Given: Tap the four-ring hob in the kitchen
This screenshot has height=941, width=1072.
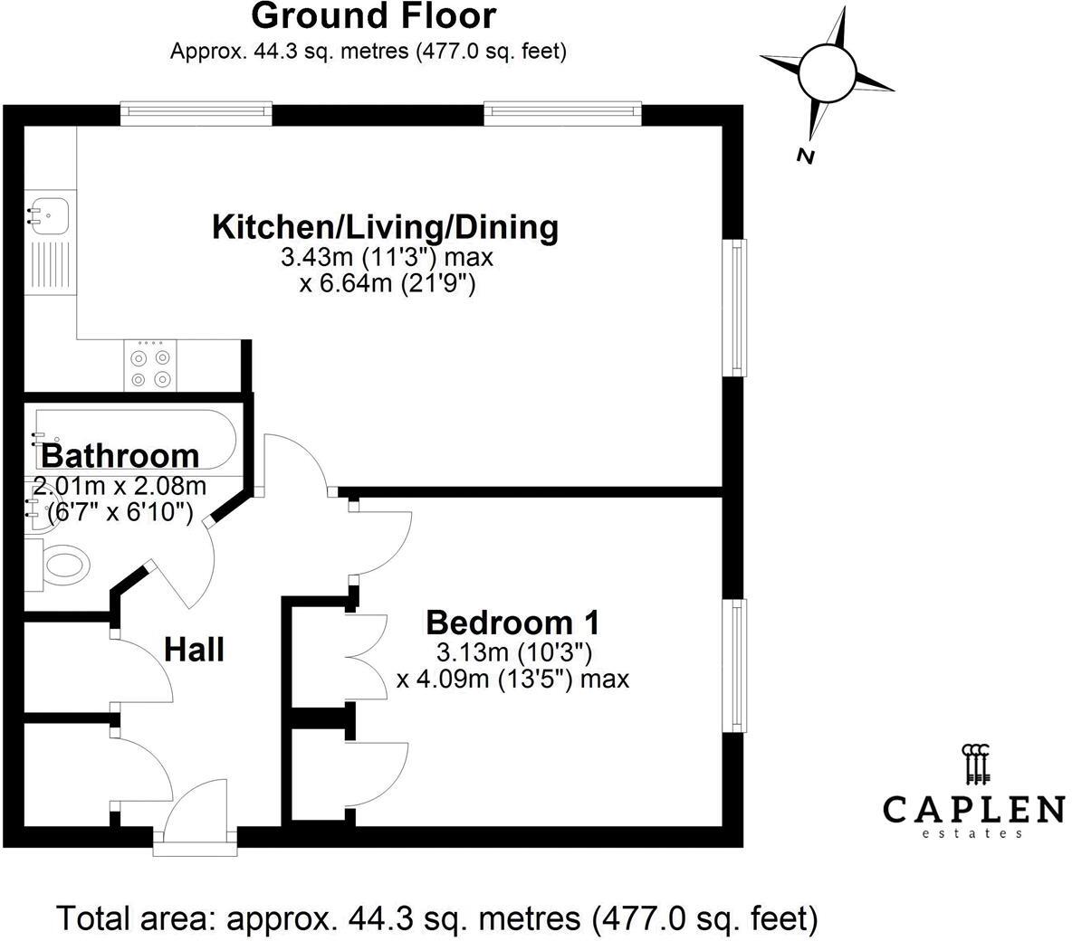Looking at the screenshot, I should pyautogui.click(x=150, y=366).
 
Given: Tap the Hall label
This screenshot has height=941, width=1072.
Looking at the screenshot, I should pyautogui.click(x=194, y=649).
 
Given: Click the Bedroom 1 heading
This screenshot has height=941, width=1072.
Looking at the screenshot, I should pyautogui.click(x=512, y=623).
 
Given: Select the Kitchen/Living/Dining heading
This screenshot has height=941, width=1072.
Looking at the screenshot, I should pyautogui.click(x=385, y=226).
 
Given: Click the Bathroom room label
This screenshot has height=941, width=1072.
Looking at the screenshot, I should pyautogui.click(x=120, y=455).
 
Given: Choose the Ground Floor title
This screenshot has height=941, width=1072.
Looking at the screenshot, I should pyautogui.click(x=373, y=16).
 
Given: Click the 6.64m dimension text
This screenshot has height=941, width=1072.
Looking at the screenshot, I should pyautogui.click(x=388, y=285).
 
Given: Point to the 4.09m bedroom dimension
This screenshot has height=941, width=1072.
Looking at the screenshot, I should pyautogui.click(x=512, y=679).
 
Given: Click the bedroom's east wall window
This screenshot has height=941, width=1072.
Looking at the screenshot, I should pyautogui.click(x=739, y=667).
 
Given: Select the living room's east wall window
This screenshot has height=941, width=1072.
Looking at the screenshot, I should pyautogui.click(x=739, y=307).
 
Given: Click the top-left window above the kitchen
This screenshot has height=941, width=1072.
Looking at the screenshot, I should pyautogui.click(x=196, y=112).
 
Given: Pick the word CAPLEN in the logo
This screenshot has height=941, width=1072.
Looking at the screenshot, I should pyautogui.click(x=973, y=808).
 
